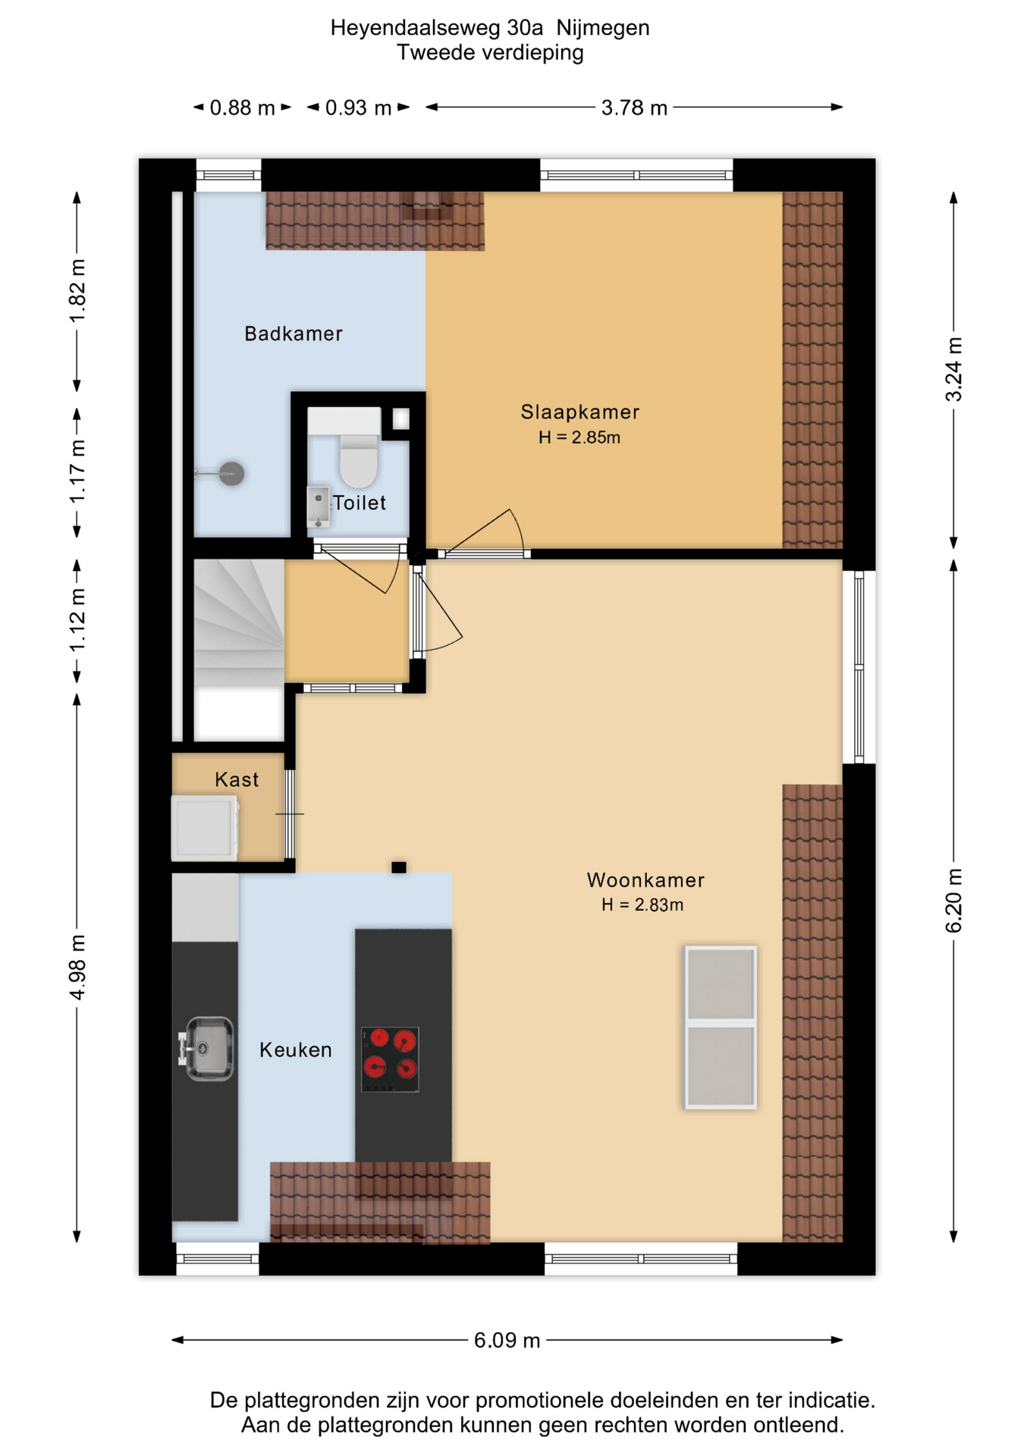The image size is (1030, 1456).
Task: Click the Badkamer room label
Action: click(293, 334)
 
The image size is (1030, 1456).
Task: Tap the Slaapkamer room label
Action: click(579, 412)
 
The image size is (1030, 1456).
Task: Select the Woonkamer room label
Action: click(645, 880)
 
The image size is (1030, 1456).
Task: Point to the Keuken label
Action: click(296, 1050)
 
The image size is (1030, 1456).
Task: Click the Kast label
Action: click(237, 780)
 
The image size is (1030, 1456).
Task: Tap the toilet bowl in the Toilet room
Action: click(358, 460)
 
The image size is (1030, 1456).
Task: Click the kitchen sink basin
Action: click(209, 1049)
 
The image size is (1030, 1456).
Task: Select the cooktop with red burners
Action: click(390, 1059)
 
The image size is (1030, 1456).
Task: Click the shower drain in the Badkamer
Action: click(231, 474)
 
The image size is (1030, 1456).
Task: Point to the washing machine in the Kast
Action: click(205, 827)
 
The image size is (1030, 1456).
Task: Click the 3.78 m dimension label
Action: click(634, 108)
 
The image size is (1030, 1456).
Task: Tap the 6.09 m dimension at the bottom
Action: click(507, 1340)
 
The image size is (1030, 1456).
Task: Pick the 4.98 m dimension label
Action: click(77, 967)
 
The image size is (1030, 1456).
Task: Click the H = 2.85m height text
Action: click(579, 438)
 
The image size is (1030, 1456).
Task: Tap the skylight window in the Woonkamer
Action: click(721, 1027)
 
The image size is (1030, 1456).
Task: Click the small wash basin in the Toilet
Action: click(319, 507)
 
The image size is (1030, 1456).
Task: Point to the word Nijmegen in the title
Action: click(603, 28)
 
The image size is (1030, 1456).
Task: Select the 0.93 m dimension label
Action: click(358, 108)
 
